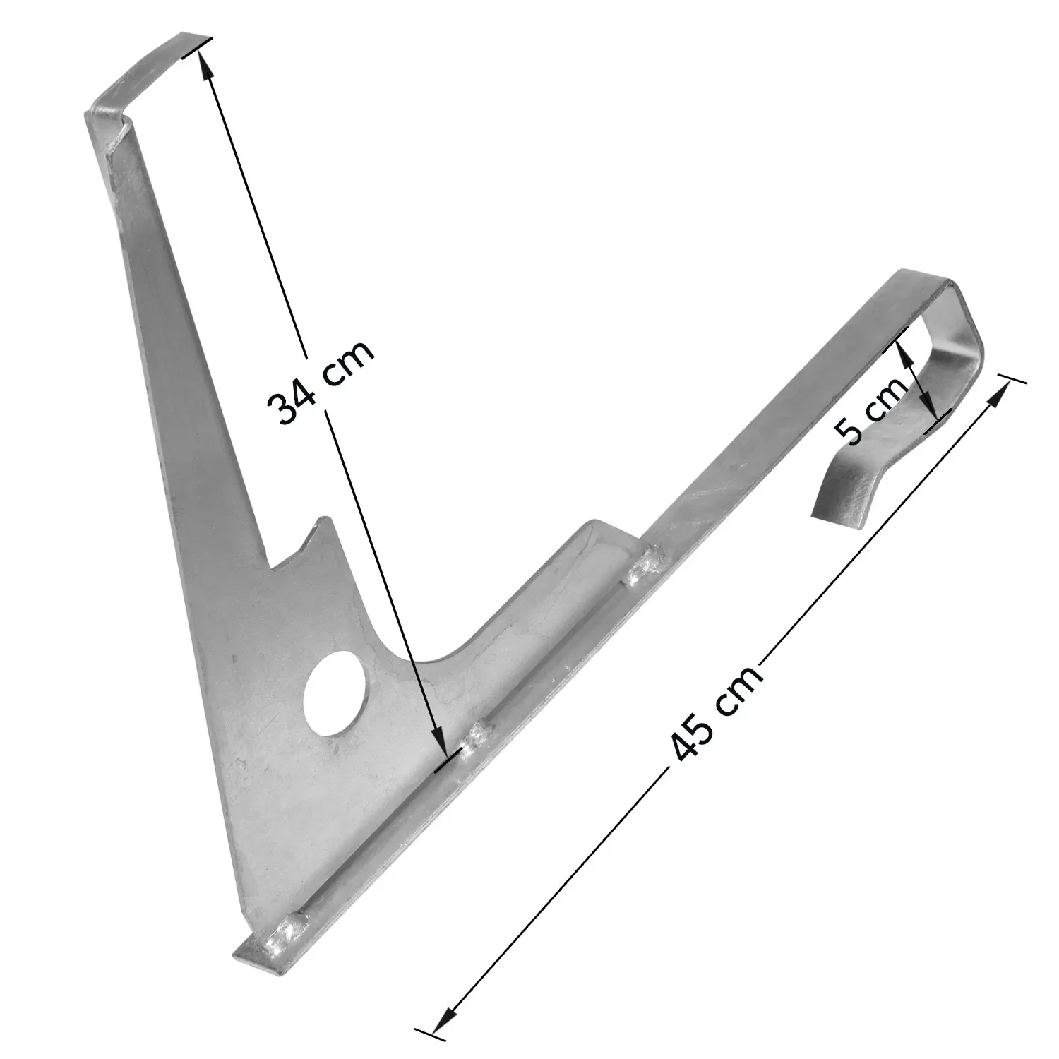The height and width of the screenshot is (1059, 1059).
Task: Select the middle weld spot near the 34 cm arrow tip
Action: pyautogui.click(x=477, y=738)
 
